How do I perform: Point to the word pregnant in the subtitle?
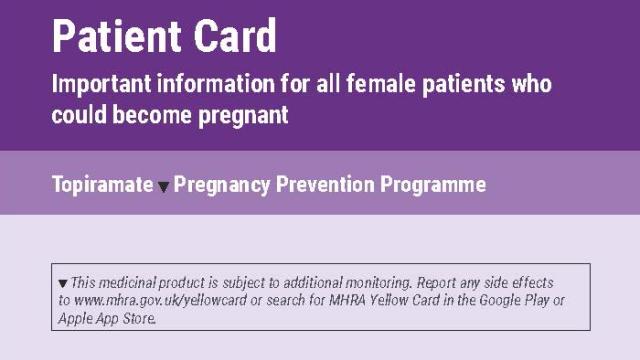(x=241, y=115)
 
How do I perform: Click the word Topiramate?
(x=103, y=185)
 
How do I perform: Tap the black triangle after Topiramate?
(x=165, y=187)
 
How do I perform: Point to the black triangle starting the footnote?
(x=64, y=283)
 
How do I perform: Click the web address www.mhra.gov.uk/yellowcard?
(x=131, y=300)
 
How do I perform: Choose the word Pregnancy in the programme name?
(x=226, y=185)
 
